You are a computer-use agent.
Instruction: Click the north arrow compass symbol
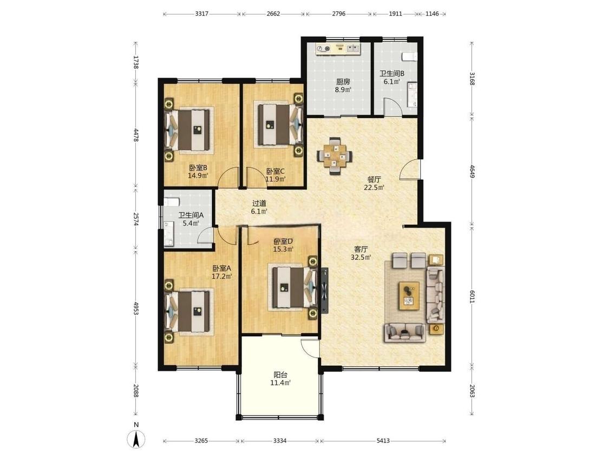pyautogui.click(x=136, y=439)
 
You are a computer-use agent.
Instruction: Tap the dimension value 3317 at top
pyautogui.click(x=201, y=14)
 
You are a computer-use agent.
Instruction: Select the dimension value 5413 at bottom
pyautogui.click(x=383, y=441)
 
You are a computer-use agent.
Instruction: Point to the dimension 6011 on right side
pyautogui.click(x=472, y=297)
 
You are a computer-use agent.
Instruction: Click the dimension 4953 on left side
pyautogui.click(x=136, y=308)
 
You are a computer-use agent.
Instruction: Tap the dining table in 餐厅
pyautogui.click(x=335, y=156)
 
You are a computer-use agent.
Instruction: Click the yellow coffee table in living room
pyautogui.click(x=409, y=295)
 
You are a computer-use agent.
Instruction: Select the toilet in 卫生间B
pyautogui.click(x=410, y=57)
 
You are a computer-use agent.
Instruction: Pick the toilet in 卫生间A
pyautogui.click(x=171, y=201)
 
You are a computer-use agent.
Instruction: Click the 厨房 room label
pyautogui.click(x=343, y=82)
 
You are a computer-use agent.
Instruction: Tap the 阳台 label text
pyautogui.click(x=280, y=375)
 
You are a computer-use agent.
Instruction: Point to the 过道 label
pyautogui.click(x=259, y=203)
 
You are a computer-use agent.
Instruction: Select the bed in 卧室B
pyautogui.click(x=189, y=129)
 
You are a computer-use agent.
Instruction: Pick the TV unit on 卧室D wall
pyautogui.click(x=324, y=290)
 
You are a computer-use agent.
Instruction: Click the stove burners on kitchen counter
pyautogui.click(x=324, y=49)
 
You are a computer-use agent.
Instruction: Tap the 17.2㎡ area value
pyautogui.click(x=222, y=277)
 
